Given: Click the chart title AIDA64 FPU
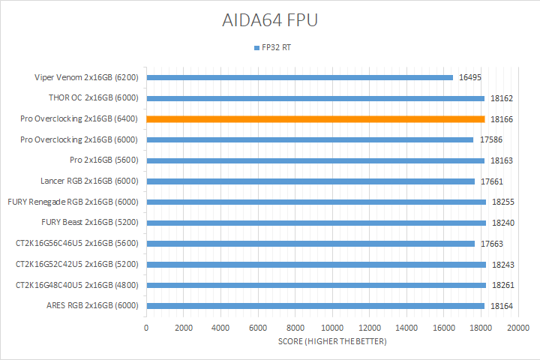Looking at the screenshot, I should click(269, 20).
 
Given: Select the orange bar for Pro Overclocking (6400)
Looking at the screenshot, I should click(316, 118).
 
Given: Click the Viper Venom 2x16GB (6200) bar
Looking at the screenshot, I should click(300, 77).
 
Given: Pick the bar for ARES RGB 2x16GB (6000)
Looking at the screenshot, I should click(316, 305).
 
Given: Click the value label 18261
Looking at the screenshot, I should click(502, 285).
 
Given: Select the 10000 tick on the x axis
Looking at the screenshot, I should click(332, 327).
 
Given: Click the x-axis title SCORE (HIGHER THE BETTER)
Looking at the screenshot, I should click(332, 342).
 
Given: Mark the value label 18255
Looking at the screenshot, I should click(502, 202).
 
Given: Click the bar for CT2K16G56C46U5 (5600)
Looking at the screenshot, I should click(310, 243).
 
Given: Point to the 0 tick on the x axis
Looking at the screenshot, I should click(146, 327).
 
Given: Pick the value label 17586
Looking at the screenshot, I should click(489, 139).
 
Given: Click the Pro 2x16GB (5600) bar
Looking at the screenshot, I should click(316, 160).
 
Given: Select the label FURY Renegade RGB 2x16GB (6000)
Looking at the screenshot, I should click(74, 202).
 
